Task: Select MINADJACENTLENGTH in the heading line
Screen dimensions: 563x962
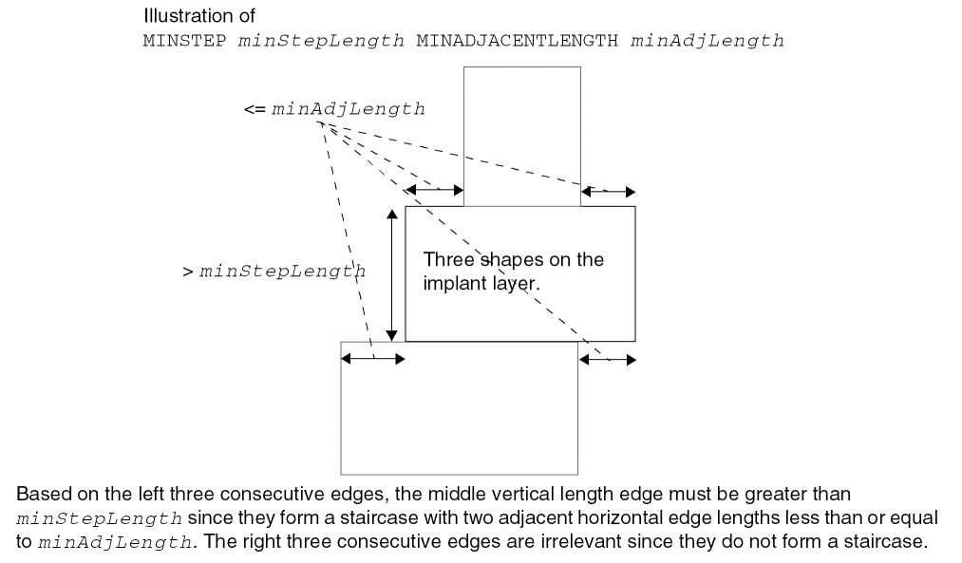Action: [x=518, y=41]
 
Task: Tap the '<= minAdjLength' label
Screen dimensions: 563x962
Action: [x=334, y=109]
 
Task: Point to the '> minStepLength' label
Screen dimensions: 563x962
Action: [x=274, y=272]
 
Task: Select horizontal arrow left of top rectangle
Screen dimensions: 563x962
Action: [x=434, y=191]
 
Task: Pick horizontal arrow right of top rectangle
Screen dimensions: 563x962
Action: [x=608, y=191]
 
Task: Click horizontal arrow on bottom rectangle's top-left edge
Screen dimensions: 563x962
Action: [x=373, y=358]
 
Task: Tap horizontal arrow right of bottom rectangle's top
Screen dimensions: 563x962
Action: [x=608, y=359]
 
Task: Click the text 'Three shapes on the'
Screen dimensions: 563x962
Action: [x=513, y=260]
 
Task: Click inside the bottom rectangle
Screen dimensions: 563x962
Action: [x=459, y=418]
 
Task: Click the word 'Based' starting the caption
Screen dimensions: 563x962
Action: [x=41, y=495]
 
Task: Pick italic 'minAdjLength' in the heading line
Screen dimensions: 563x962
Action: [x=707, y=41]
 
